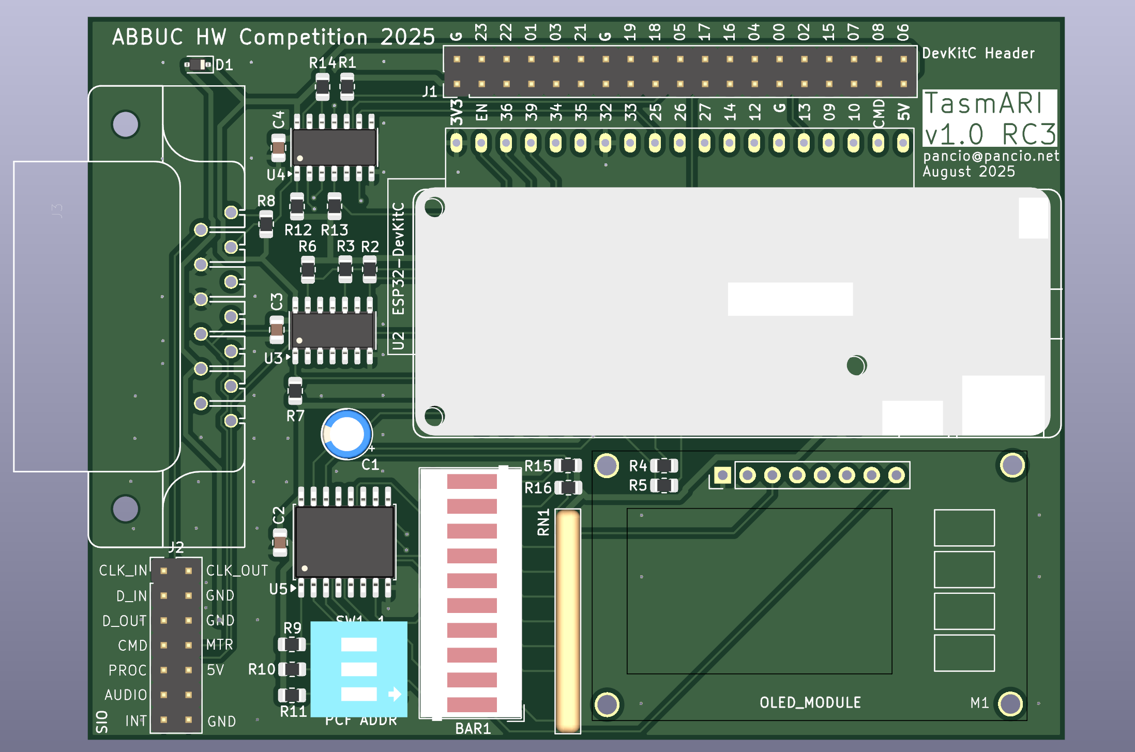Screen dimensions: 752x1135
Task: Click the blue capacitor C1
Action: (x=346, y=434)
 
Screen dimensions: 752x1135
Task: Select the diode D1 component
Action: (x=199, y=65)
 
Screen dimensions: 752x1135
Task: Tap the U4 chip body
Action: (x=335, y=147)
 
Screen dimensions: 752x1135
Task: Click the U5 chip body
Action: (x=344, y=541)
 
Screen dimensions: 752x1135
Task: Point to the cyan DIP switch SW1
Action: (x=359, y=669)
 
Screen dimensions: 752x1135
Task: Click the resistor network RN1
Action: (x=568, y=620)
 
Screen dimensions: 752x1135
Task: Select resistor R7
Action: (x=295, y=391)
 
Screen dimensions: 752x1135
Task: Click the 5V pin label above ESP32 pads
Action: (x=903, y=112)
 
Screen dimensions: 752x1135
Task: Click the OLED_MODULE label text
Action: (x=810, y=702)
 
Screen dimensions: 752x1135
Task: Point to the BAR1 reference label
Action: (x=473, y=728)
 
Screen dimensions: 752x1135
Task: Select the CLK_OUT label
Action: (x=237, y=571)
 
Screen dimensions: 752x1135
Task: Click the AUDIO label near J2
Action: (x=126, y=695)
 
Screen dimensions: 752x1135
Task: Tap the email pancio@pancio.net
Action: (x=991, y=156)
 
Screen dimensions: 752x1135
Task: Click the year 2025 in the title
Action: (x=407, y=37)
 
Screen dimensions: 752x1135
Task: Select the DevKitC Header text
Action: (x=978, y=53)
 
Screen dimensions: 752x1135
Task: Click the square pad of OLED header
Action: (x=722, y=475)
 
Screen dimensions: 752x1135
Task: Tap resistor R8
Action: (x=266, y=224)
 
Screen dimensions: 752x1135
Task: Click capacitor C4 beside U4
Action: (x=278, y=147)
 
